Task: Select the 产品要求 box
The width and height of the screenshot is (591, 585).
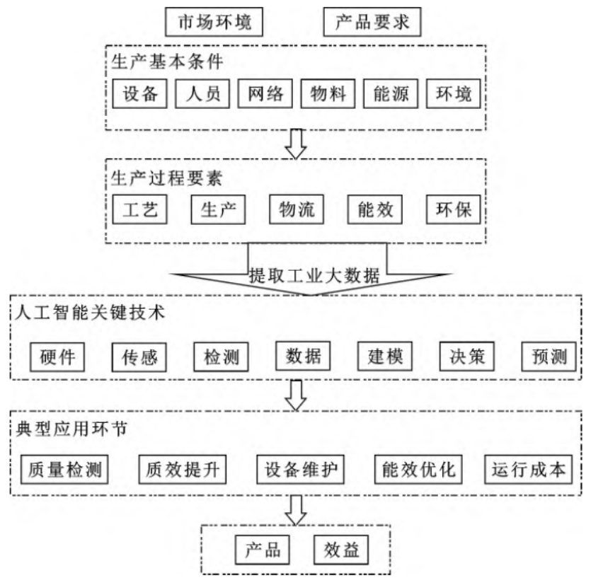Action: (x=372, y=23)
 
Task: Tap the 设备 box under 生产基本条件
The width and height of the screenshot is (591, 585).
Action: (x=139, y=94)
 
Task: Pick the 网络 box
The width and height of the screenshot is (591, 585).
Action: (x=264, y=94)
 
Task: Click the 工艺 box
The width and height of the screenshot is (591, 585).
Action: (x=139, y=209)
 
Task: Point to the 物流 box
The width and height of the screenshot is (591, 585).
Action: (x=296, y=209)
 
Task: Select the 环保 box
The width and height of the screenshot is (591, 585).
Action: (x=452, y=209)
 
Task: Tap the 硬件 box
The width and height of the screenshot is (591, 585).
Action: (x=57, y=357)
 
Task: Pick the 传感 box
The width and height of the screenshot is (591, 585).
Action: (x=139, y=357)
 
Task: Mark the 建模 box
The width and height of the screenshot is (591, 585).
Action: (x=384, y=357)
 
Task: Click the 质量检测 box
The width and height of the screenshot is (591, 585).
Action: (x=64, y=470)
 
